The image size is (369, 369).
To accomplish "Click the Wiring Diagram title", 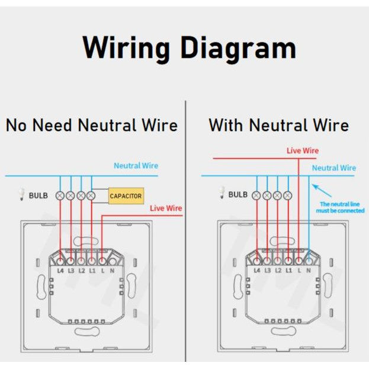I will (x=188, y=47).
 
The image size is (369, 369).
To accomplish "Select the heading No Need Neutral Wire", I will (x=92, y=125).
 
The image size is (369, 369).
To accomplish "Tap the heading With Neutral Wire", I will (x=278, y=125).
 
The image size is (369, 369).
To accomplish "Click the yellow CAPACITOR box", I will (x=126, y=195).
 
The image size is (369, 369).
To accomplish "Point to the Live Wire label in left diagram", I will (x=166, y=208).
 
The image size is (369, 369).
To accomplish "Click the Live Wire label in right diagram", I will (x=302, y=150).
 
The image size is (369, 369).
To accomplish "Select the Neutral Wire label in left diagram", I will (x=136, y=166).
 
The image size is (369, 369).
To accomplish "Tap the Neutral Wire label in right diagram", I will (x=333, y=168).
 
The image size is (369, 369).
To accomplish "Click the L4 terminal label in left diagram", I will (x=60, y=270).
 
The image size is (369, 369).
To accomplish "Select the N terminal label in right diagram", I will (x=309, y=270).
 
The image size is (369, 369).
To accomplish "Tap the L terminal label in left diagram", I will (x=102, y=270).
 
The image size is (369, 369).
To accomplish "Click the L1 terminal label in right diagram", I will (x=288, y=270).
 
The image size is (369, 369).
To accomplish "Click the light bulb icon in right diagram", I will (x=222, y=193).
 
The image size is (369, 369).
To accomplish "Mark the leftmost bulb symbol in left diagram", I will (x=60, y=195).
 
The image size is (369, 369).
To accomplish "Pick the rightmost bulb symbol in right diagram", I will (x=288, y=195).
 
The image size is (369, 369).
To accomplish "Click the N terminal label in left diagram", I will (x=113, y=270).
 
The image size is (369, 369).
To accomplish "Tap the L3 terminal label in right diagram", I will (x=267, y=270).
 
